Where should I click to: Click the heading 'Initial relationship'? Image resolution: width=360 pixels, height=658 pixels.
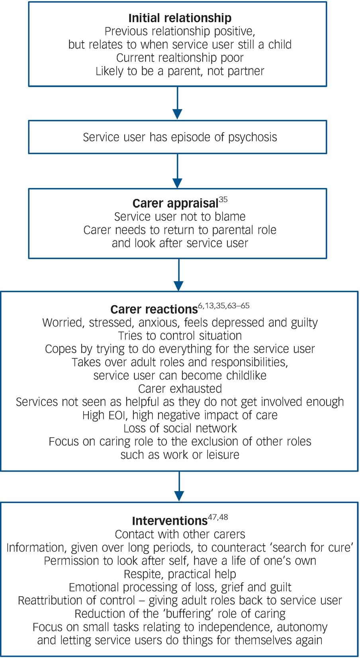pos(180,18)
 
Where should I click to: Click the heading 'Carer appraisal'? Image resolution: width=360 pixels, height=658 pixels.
pos(175,204)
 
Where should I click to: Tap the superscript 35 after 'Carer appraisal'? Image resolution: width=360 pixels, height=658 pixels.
pos(223,200)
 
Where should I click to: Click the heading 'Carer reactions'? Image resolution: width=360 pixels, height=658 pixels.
pos(154,309)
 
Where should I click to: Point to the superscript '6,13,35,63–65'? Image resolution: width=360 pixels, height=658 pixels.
pos(223,305)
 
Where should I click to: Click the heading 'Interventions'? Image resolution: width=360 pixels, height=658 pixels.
pos(170,521)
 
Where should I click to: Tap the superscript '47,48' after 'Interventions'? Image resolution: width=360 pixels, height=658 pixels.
pos(218,517)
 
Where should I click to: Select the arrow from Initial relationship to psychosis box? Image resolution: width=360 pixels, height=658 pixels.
pos(178,103)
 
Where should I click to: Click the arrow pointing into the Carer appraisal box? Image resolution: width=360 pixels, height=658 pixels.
pos(178,171)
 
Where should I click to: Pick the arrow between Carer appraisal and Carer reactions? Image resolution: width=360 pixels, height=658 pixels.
pos(179,275)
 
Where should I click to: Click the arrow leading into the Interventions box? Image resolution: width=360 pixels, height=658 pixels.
pos(179,486)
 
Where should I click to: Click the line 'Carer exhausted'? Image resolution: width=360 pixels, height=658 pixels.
pos(180,388)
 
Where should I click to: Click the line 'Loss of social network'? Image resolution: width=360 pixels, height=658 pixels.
pos(180,428)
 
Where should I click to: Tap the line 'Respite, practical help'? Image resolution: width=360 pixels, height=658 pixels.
pos(180,574)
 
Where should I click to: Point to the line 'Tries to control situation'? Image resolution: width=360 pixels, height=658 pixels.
pos(180,336)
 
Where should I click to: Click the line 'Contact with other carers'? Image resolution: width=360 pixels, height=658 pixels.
pos(180,534)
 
